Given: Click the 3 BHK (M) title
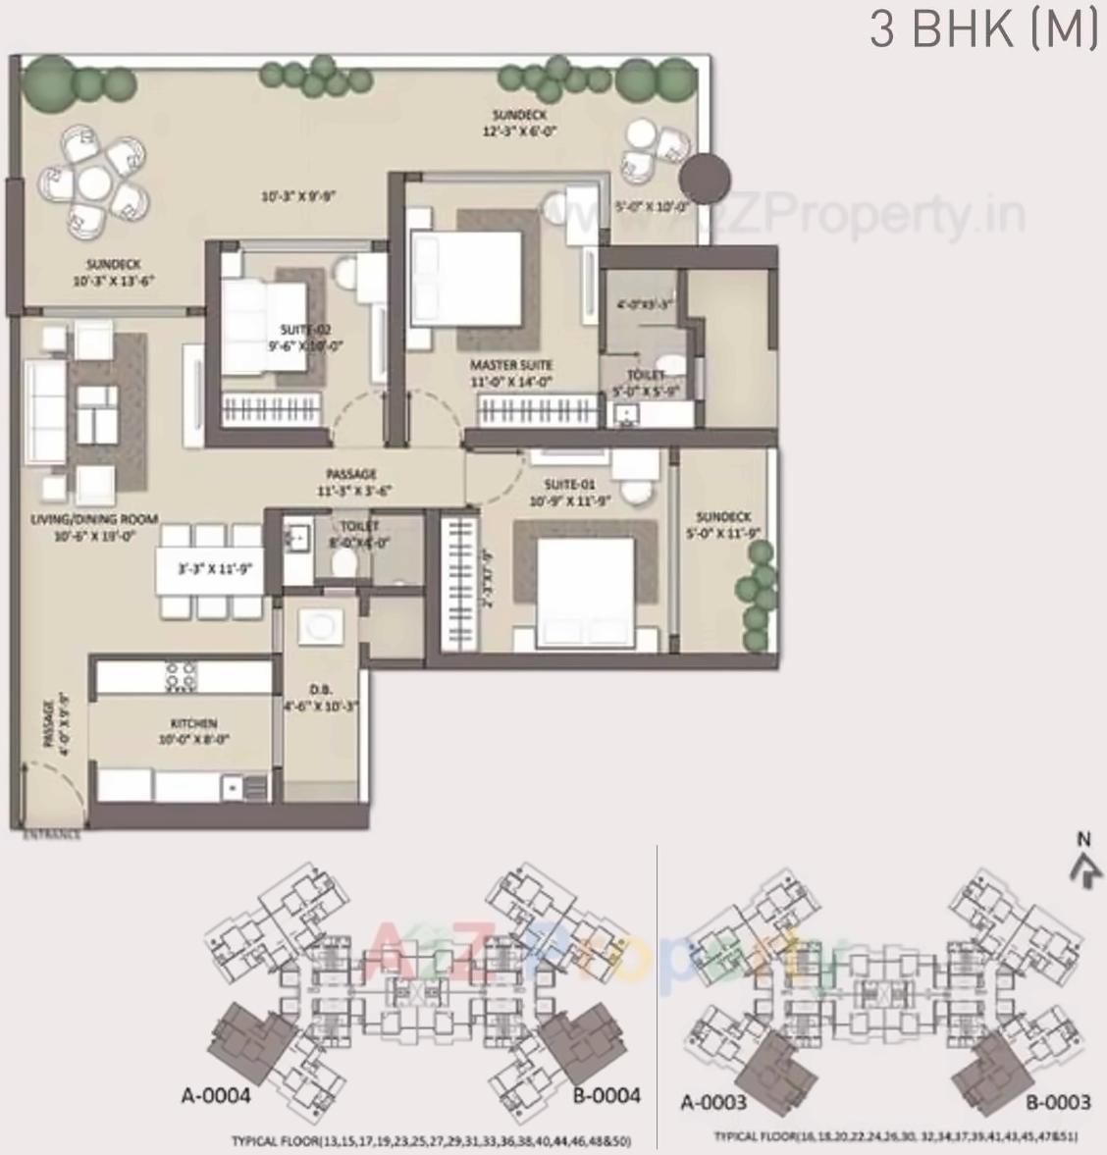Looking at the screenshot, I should click(x=982, y=29).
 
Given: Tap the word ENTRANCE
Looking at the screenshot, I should click(x=53, y=835).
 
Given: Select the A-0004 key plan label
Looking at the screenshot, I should click(x=216, y=1095).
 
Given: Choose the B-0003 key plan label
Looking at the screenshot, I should click(x=1058, y=1102).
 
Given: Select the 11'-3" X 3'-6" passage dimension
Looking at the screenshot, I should click(x=350, y=491).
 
